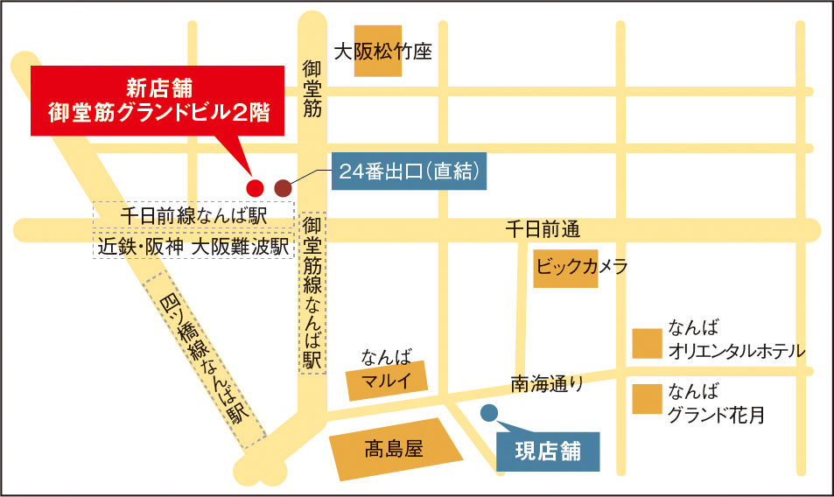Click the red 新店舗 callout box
pyautogui.click(x=158, y=101)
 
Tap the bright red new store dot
pyautogui.click(x=255, y=187)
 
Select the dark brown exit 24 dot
pyautogui.click(x=283, y=187)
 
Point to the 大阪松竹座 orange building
pyautogui.click(x=378, y=51)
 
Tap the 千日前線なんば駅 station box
pyautogui.click(x=193, y=214)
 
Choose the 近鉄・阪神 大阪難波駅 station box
pyautogui.click(x=193, y=247)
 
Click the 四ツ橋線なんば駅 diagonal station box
pyautogui.click(x=205, y=360)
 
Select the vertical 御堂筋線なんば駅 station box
pyautogui.click(x=312, y=292)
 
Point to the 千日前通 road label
pyautogui.click(x=543, y=230)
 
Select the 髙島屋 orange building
pyautogui.click(x=396, y=451)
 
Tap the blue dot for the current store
pyautogui.click(x=489, y=412)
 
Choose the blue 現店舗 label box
pyautogui.click(x=548, y=451)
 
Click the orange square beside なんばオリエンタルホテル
pyautogui.click(x=647, y=343)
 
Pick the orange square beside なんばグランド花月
pyautogui.click(x=647, y=399)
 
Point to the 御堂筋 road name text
pyautogui.click(x=312, y=88)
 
